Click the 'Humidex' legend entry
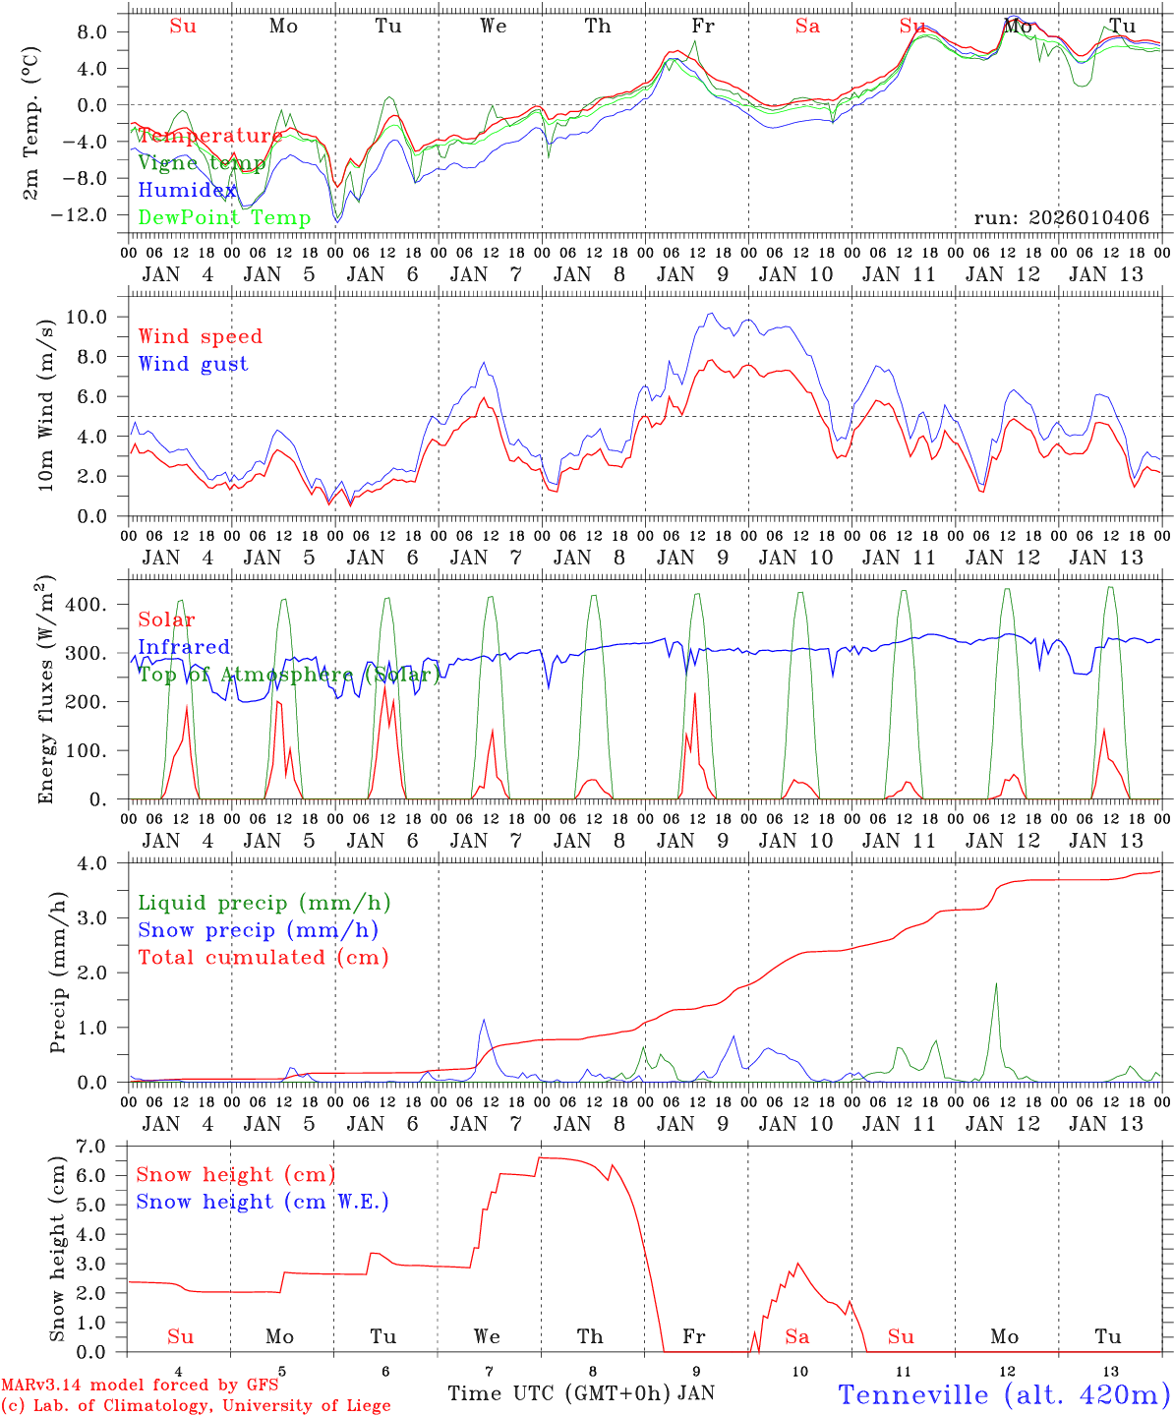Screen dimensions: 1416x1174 tap(187, 191)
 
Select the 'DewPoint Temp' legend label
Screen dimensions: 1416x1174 tap(224, 218)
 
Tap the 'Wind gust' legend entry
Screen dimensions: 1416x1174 tap(193, 364)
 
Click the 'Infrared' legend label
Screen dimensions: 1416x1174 tap(184, 647)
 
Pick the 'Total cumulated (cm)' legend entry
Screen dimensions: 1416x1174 tap(263, 958)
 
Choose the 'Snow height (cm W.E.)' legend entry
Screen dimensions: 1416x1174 tap(262, 1202)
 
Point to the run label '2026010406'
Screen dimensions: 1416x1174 tap(1061, 217)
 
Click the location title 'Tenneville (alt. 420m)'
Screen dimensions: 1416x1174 tap(1003, 1393)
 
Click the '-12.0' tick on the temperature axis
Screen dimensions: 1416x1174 tap(86, 215)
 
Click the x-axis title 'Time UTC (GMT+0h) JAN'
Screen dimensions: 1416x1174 tap(580, 1393)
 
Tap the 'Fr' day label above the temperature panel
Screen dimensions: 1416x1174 tap(702, 27)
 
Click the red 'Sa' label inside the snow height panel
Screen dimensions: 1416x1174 tap(796, 1336)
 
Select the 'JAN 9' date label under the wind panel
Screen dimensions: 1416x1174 tap(692, 558)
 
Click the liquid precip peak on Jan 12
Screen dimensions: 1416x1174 tap(996, 983)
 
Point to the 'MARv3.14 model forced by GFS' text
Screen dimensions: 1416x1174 tap(140, 1386)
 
